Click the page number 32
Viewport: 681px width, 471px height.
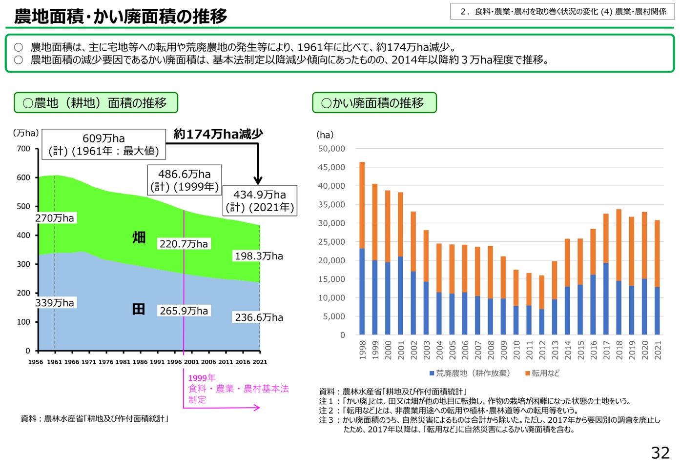(x=660, y=453)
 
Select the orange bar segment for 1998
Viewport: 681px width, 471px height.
(x=362, y=205)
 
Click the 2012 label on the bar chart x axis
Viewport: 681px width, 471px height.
(x=542, y=351)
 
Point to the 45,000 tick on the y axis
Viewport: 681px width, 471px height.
(x=331, y=167)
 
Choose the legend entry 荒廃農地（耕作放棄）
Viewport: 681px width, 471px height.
(x=470, y=373)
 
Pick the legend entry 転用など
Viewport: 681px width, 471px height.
(x=542, y=373)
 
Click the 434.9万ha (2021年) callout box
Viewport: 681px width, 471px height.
(x=260, y=201)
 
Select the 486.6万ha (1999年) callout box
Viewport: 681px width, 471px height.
(x=185, y=180)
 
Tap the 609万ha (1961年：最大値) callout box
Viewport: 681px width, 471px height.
(x=103, y=144)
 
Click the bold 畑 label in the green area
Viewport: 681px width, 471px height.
(x=139, y=237)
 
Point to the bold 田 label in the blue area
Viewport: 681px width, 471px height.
(x=139, y=309)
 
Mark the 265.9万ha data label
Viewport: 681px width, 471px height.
(x=184, y=311)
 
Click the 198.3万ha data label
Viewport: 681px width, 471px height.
(x=259, y=256)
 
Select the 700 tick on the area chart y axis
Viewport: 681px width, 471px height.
(x=23, y=149)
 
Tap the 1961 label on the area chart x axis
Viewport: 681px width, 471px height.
(x=54, y=362)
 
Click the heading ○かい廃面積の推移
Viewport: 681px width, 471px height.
(x=374, y=103)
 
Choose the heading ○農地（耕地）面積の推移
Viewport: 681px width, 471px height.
(x=96, y=103)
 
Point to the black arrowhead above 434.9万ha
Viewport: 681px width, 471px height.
(x=258, y=180)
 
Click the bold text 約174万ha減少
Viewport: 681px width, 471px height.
(x=218, y=134)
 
